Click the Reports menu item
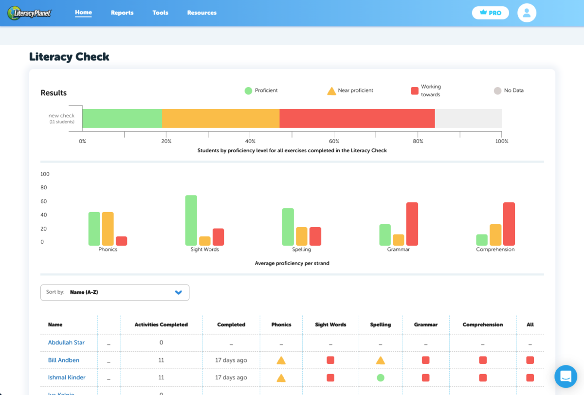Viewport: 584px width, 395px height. point(122,13)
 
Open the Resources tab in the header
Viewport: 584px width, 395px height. point(201,13)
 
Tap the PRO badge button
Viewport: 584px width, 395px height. point(490,13)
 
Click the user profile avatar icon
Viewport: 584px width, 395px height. point(527,13)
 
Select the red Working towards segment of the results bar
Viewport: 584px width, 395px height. point(357,119)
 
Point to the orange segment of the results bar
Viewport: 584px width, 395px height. point(220,119)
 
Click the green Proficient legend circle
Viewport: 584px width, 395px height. point(248,90)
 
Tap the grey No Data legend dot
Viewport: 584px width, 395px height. point(497,90)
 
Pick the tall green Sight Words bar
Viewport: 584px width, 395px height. point(191,220)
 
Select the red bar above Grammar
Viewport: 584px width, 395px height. point(412,224)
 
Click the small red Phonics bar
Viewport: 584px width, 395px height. point(121,241)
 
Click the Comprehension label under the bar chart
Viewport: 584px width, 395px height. point(495,250)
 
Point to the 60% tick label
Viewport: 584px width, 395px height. point(334,142)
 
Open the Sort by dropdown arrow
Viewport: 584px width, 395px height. point(178,292)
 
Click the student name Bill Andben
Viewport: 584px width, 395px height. point(64,360)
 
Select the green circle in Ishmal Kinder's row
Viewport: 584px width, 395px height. point(381,377)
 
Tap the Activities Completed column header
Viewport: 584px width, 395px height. point(161,324)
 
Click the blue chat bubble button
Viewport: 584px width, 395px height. point(566,377)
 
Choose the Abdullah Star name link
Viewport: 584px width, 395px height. point(66,342)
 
